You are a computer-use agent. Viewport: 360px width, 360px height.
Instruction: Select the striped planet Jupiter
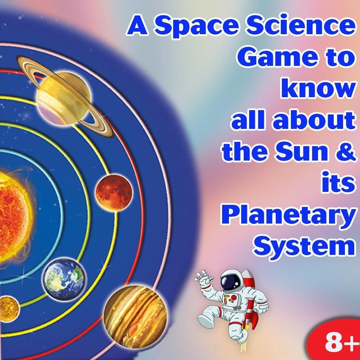coord(135,317)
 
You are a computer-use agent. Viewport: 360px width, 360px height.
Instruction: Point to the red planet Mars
coord(114,192)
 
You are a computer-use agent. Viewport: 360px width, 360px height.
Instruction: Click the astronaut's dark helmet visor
coord(230,281)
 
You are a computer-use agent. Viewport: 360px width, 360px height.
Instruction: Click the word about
coord(314,120)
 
